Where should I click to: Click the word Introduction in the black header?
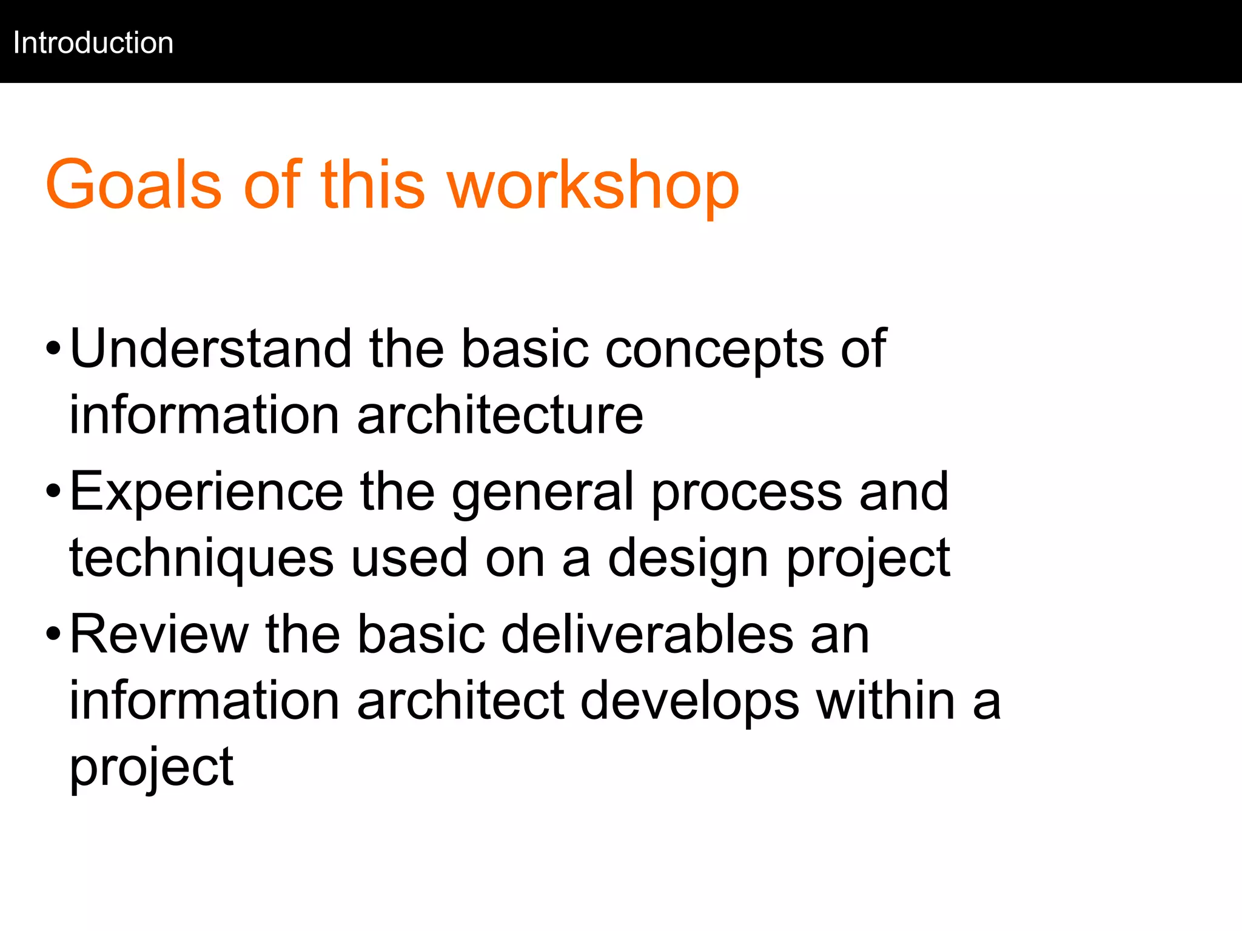93,43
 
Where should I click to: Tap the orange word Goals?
133,184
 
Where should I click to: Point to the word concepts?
714,349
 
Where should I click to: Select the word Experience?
207,492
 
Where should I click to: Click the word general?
543,492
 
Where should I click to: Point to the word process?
747,492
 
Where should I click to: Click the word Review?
159,634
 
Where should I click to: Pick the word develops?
690,701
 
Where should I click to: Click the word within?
886,701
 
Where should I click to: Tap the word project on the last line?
152,767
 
